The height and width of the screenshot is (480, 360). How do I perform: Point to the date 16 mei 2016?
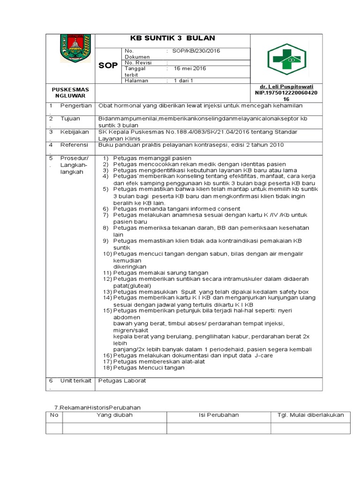tap(190, 68)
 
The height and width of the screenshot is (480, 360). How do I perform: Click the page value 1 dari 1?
tap(183, 81)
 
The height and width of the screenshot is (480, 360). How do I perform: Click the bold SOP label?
tap(108, 66)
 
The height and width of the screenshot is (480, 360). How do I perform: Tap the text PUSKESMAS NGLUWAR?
tap(71, 92)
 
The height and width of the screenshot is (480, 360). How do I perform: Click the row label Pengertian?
tap(76, 106)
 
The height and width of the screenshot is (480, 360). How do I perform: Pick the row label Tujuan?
tap(70, 119)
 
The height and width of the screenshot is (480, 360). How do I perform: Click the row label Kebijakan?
tap(74, 132)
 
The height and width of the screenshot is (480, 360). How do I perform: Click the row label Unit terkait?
tap(75, 380)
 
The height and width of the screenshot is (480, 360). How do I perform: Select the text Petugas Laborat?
tap(122, 380)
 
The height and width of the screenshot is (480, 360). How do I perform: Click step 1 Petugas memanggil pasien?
tap(147, 157)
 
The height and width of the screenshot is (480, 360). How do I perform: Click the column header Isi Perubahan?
tap(218, 415)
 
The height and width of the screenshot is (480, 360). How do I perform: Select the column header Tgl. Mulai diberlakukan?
tap(310, 415)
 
